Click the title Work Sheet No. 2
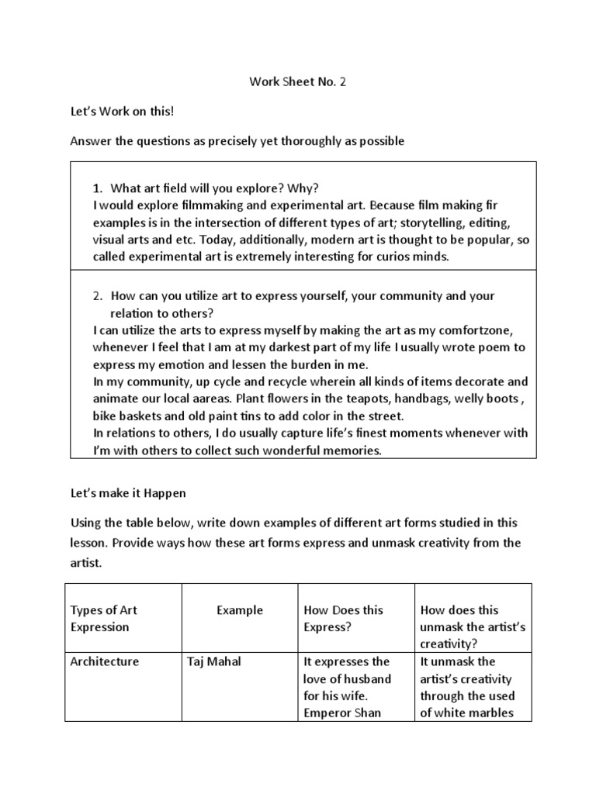click(297, 81)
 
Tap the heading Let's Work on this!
click(123, 111)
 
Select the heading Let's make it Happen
click(128, 492)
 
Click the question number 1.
click(97, 188)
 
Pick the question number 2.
click(98, 296)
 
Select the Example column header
click(239, 610)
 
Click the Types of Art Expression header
click(105, 618)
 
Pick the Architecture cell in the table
click(105, 661)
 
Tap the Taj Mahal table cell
click(214, 661)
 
